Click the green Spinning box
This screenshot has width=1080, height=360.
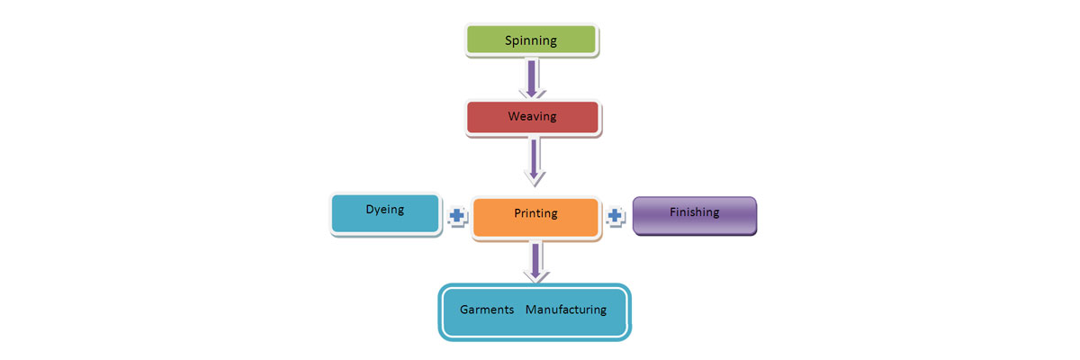point(531,40)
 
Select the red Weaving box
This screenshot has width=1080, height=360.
point(532,117)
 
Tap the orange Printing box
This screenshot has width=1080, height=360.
point(535,215)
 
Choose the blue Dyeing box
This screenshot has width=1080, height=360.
point(385,213)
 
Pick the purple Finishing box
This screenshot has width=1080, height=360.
point(694,215)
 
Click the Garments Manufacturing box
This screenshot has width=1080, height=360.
point(534,311)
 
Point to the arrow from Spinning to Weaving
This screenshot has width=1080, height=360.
point(532,76)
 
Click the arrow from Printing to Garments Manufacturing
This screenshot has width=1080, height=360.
point(536,259)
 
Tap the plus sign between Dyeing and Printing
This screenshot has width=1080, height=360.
point(457,216)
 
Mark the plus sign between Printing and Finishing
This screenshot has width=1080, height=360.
point(616,216)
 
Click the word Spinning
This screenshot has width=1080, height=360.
point(531,40)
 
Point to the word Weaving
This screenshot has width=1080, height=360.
point(532,117)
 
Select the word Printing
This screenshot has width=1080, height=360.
point(535,214)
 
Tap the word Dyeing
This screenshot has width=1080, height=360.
point(385,209)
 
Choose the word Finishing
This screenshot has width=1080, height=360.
point(694,213)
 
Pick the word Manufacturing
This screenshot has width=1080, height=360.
point(566,310)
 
